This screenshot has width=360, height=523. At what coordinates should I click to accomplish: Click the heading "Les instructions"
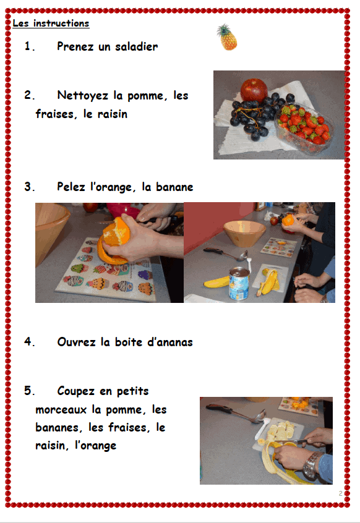51,23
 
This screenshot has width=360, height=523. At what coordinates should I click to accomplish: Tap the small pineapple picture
227,37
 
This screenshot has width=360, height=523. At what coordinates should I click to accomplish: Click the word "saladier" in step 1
137,46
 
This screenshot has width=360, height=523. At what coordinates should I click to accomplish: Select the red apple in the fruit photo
254,90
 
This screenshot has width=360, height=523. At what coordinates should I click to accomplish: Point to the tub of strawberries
303,129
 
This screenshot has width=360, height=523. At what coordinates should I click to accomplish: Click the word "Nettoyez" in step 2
83,95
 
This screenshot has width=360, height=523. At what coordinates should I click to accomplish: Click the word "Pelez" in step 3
71,187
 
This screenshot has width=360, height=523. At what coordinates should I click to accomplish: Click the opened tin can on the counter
239,284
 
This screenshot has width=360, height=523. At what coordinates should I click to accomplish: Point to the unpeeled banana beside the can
217,282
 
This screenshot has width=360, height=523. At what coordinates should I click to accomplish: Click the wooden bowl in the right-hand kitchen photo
244,233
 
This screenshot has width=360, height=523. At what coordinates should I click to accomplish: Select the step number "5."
29,391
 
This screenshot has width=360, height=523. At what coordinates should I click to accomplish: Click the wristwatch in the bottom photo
312,465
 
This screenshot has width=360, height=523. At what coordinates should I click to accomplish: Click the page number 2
340,493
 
